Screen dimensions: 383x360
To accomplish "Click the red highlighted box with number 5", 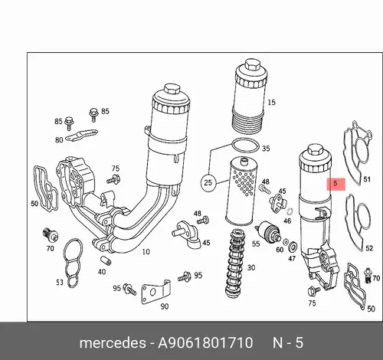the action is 336,184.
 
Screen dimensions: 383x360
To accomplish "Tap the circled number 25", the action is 208,183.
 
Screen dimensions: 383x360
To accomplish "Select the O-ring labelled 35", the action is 245,146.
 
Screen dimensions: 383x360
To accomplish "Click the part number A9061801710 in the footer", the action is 205,342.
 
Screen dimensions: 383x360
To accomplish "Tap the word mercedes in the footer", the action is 113,343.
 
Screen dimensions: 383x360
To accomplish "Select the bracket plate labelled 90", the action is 155,292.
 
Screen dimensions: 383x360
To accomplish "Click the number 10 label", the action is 146,252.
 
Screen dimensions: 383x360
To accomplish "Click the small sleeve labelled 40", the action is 106,260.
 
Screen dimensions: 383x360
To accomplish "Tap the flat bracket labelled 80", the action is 81,135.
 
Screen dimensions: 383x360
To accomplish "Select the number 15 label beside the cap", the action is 271,103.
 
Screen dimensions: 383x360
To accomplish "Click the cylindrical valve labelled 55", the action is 268,231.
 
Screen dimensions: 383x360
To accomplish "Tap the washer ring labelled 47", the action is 293,247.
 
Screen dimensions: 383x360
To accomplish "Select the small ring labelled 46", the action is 290,211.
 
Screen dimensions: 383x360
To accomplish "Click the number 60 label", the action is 280,250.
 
